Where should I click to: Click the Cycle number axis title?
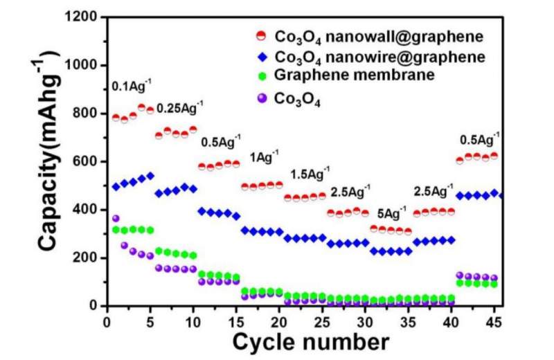(310, 341)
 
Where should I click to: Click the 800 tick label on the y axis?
(84, 114)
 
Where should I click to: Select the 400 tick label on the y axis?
(84, 210)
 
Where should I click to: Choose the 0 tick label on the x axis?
(107, 320)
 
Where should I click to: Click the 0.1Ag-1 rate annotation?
(129, 88)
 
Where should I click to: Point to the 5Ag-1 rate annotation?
(392, 211)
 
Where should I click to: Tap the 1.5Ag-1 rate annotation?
(307, 172)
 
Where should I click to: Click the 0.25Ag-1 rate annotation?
(180, 108)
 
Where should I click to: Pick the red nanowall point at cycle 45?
(494, 156)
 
